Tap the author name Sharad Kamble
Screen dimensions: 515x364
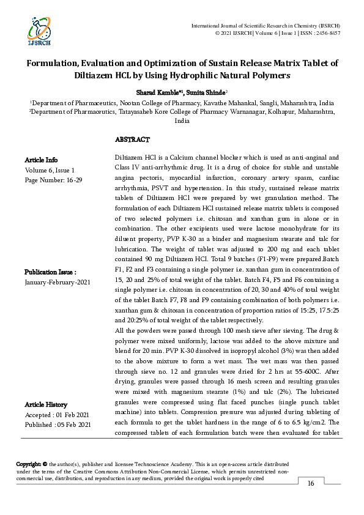(154, 92)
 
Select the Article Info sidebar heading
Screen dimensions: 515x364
(42, 160)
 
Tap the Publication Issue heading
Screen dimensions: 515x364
(50, 272)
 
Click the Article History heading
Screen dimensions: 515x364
(46, 405)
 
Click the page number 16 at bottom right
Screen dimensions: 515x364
(310, 484)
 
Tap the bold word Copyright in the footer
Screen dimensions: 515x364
(28, 465)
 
